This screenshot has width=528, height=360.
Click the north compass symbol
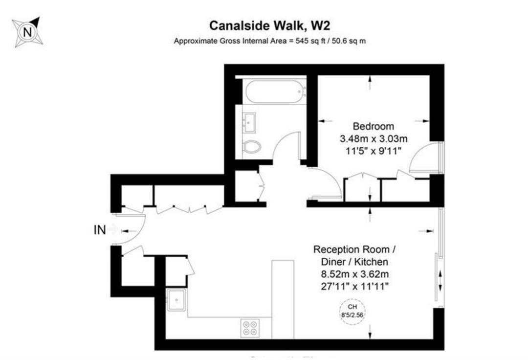(27, 32)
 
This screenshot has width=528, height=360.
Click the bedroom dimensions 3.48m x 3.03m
(374, 139)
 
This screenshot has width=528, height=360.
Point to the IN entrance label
(100, 230)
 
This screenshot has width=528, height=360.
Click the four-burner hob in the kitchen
(250, 327)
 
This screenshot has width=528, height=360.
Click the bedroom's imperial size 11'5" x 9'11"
(374, 151)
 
